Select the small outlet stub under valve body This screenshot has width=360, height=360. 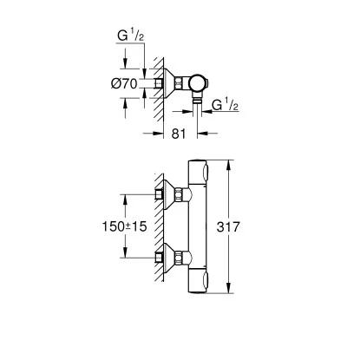click(x=199, y=105)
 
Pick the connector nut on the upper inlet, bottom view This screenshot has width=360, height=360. click(x=185, y=194)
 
